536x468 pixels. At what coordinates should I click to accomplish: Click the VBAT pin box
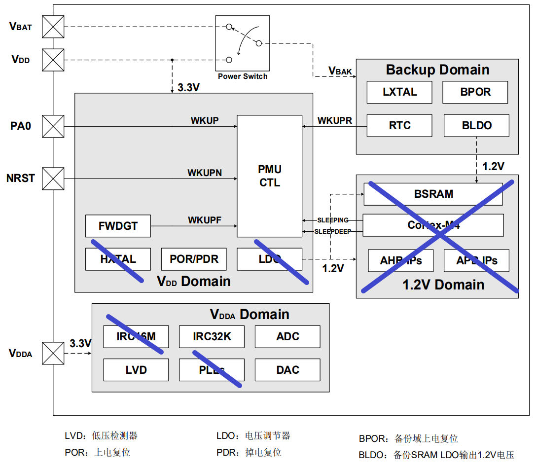click(53, 27)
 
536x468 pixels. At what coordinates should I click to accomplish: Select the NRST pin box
click(53, 179)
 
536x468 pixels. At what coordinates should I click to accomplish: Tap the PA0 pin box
click(53, 126)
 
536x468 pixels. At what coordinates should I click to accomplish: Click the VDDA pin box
click(53, 353)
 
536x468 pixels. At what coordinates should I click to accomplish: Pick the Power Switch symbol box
click(243, 43)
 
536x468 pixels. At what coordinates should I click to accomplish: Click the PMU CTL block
click(269, 176)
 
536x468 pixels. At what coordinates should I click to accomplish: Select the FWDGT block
click(118, 226)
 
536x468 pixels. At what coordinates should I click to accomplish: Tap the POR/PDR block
click(194, 259)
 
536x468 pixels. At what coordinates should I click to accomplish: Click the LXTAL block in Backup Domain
click(399, 92)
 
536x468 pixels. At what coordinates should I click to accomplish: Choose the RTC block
click(399, 125)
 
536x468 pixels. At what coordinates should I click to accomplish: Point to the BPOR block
click(475, 92)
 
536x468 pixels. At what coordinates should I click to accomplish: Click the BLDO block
click(476, 125)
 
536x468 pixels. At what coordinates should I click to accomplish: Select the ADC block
click(287, 336)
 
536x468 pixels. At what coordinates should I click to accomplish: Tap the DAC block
click(287, 370)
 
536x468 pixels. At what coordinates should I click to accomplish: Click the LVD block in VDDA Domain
click(136, 370)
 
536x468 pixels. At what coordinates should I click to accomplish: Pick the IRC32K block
click(212, 336)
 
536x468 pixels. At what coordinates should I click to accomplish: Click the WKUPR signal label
click(334, 120)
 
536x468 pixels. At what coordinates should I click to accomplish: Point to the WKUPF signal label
click(204, 220)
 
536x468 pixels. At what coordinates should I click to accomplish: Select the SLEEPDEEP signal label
click(333, 231)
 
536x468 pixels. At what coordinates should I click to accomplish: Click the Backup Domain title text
click(437, 70)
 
